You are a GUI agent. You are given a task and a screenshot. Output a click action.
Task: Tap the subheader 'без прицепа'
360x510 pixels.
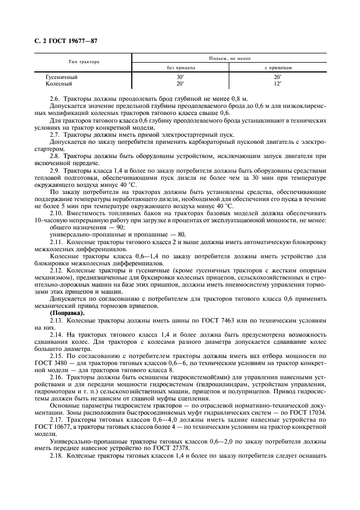click(x=181, y=68)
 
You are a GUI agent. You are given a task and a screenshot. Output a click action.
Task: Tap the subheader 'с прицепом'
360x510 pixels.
click(x=278, y=68)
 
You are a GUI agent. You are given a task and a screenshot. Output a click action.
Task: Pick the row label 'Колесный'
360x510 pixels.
click(x=59, y=83)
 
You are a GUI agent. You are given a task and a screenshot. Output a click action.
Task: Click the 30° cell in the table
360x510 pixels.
click(x=181, y=77)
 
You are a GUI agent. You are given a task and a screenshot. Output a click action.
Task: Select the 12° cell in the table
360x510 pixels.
click(x=278, y=83)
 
